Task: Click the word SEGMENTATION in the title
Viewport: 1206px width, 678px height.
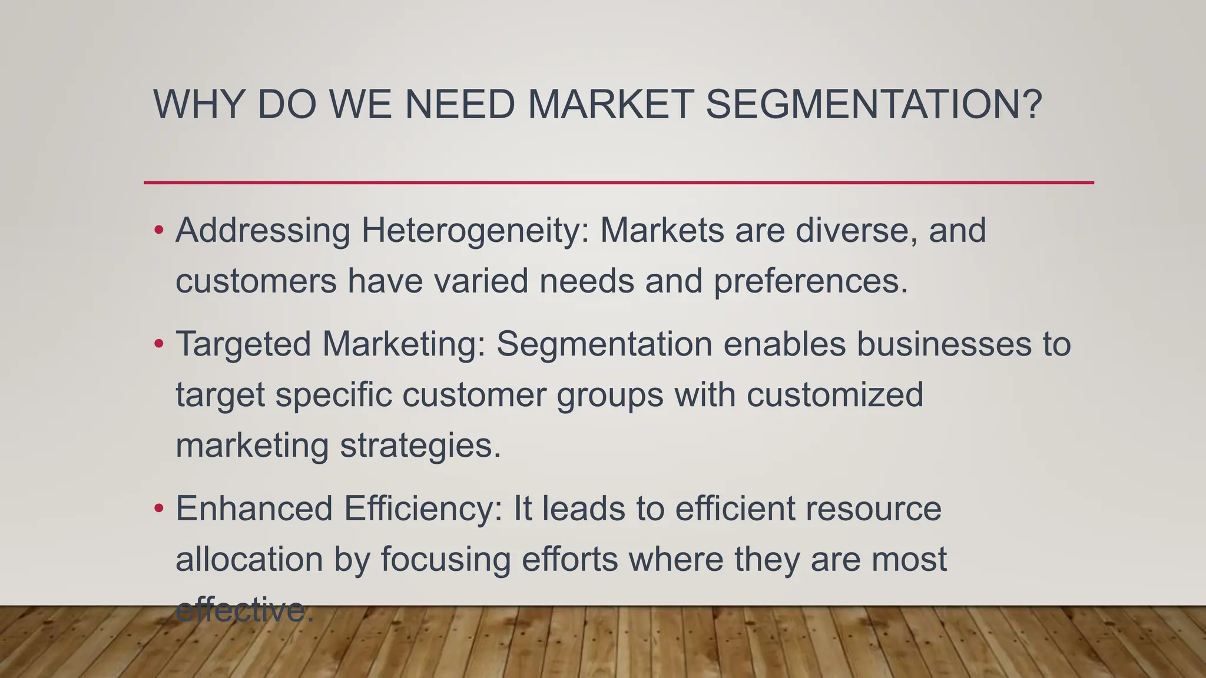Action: pyautogui.click(x=874, y=104)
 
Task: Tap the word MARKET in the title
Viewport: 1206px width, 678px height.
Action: pyautogui.click(x=610, y=104)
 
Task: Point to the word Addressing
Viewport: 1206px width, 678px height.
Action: pyautogui.click(x=263, y=230)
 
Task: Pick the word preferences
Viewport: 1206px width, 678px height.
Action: pyautogui.click(x=810, y=281)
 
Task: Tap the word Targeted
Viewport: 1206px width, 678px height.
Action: pyautogui.click(x=243, y=344)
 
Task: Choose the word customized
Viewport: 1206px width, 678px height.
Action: pyautogui.click(x=835, y=394)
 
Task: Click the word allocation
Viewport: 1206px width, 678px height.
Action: pyautogui.click(x=249, y=559)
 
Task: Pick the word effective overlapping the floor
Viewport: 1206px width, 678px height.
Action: pyautogui.click(x=241, y=610)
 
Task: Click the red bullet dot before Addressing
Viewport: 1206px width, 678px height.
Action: pyautogui.click(x=158, y=230)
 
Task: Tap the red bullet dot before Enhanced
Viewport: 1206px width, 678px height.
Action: pyautogui.click(x=158, y=508)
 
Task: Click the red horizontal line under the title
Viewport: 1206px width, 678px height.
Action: pyautogui.click(x=618, y=182)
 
